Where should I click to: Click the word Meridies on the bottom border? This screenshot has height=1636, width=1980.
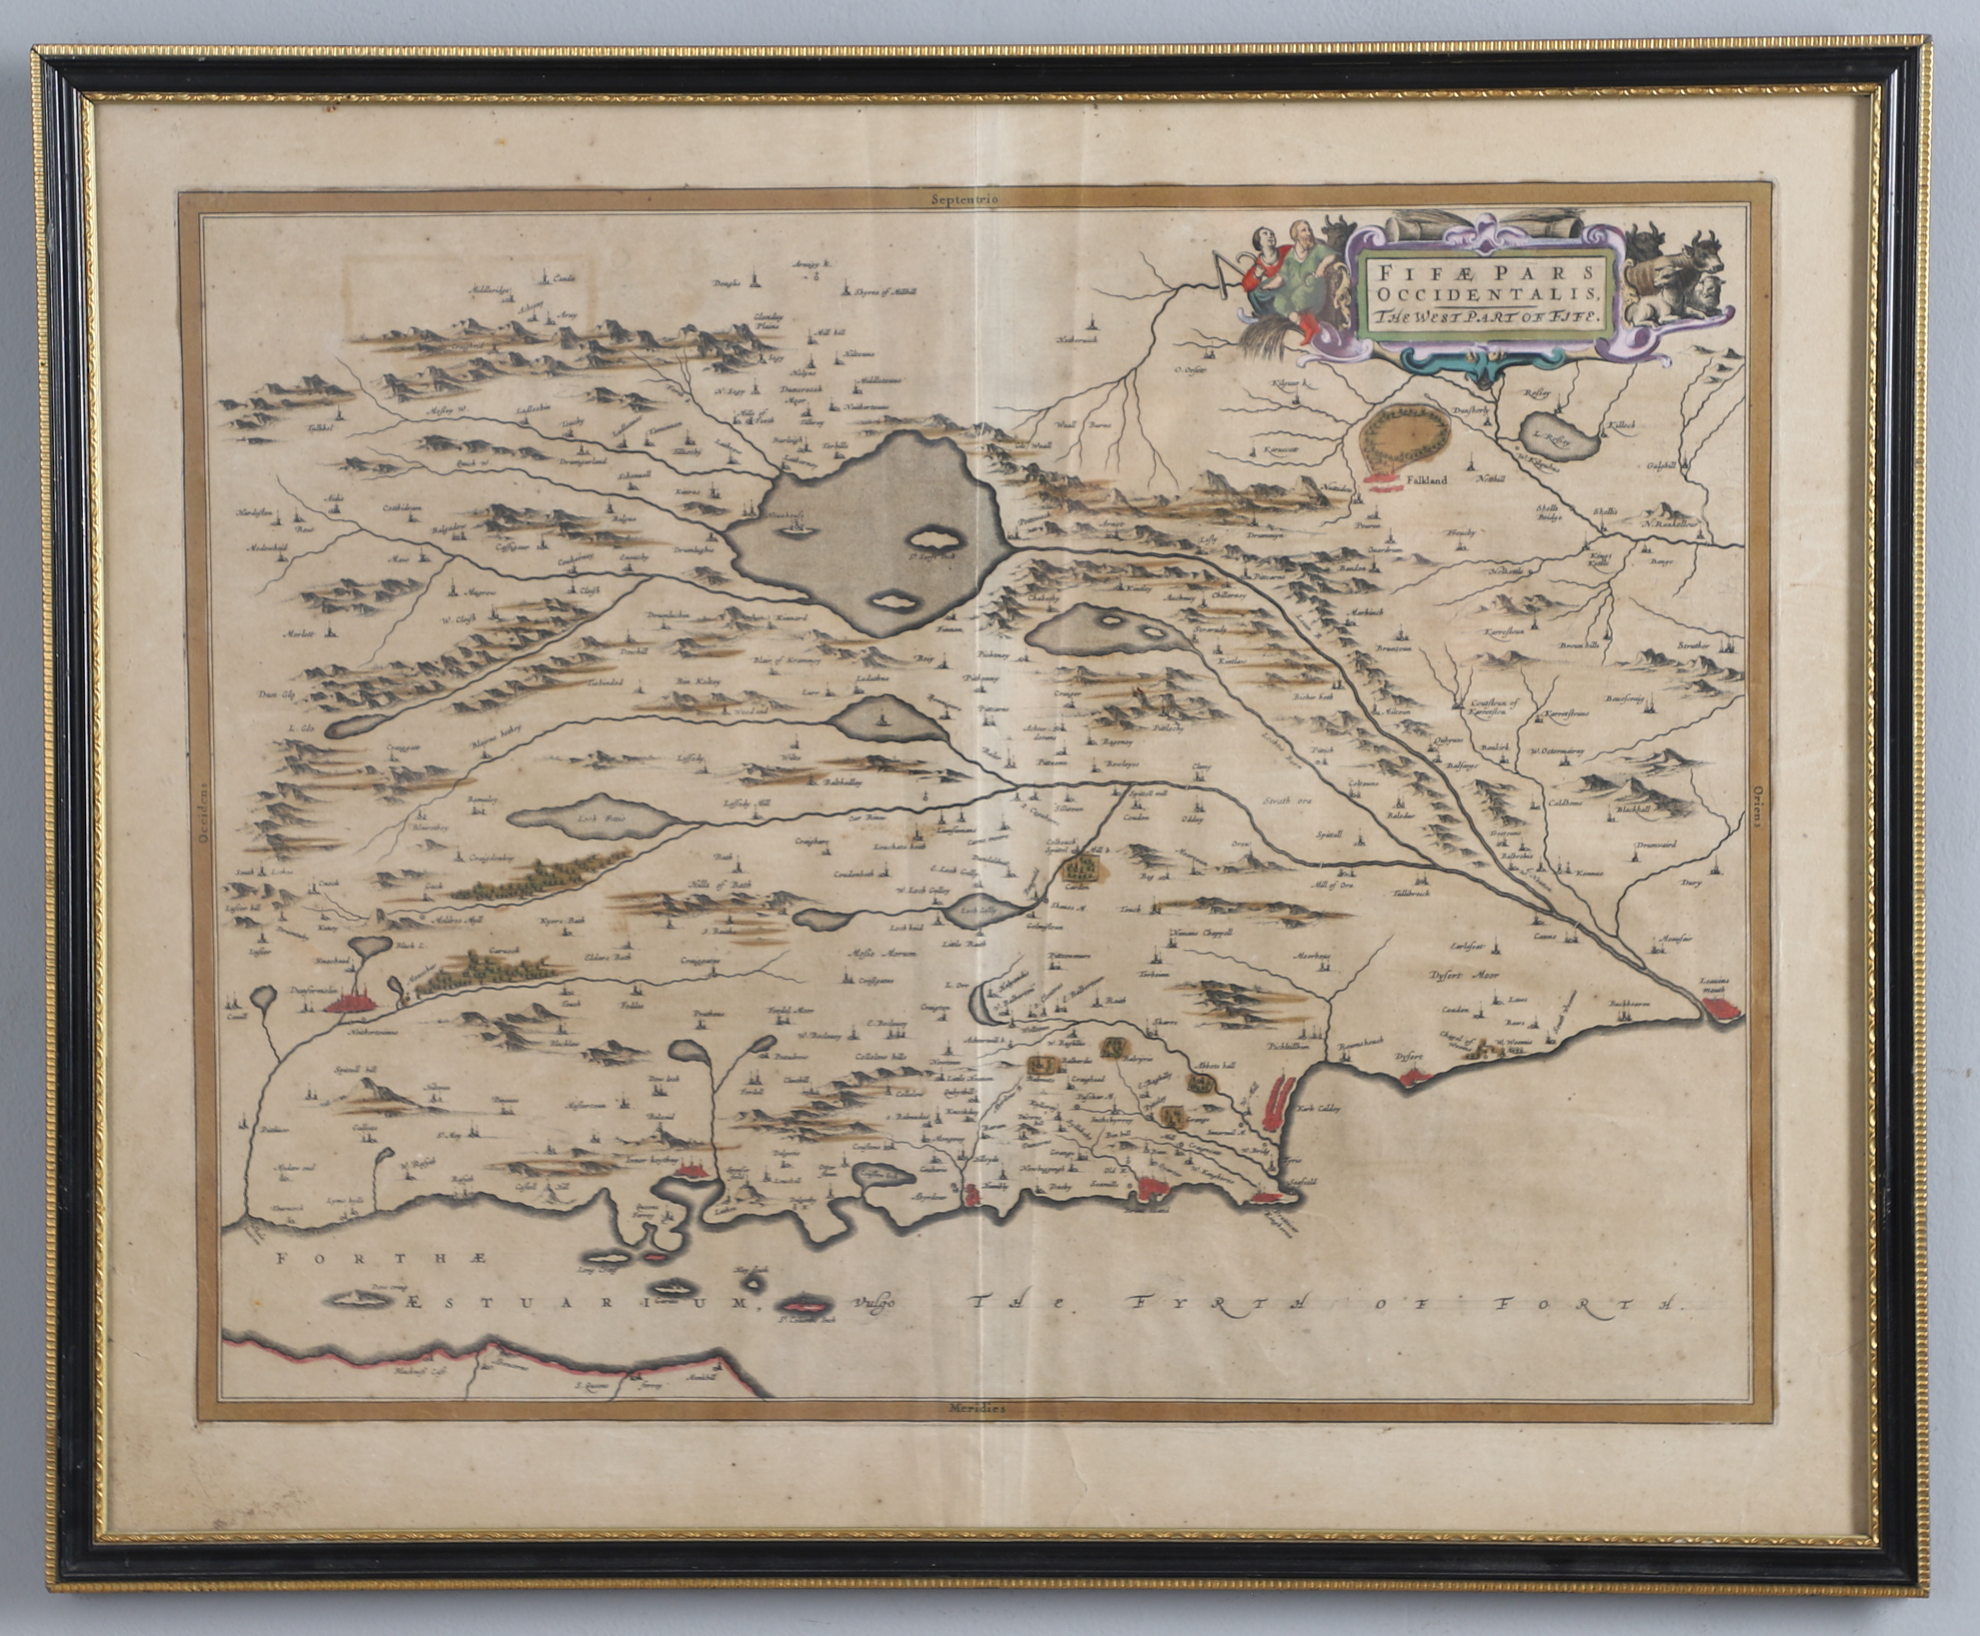click(x=971, y=1433)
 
